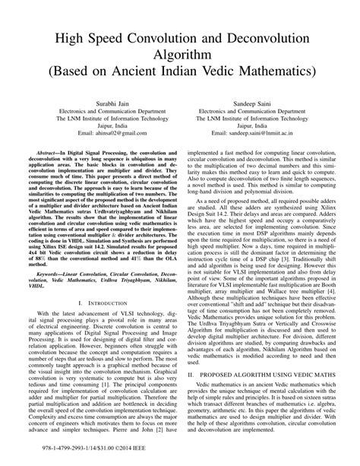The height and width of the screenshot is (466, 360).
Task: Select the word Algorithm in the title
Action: point(179,52)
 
